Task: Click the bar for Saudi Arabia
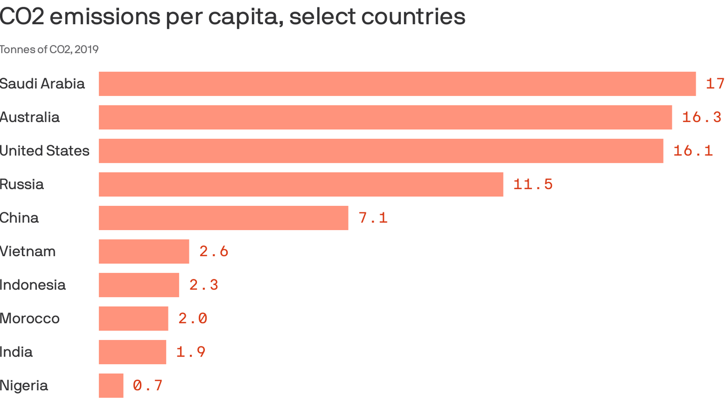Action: [x=397, y=84]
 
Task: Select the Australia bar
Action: [x=385, y=117]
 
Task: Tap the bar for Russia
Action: [x=301, y=184]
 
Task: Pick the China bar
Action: [x=223, y=218]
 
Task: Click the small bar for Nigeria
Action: [x=111, y=386]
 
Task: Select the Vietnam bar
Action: [x=144, y=252]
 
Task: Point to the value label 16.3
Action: [x=701, y=117]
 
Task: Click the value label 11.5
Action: [x=533, y=184]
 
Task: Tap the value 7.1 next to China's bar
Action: [x=373, y=218]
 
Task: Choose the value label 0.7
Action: [x=147, y=386]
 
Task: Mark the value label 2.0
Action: [x=193, y=318]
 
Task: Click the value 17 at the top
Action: [x=715, y=84]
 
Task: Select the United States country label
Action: [x=45, y=151]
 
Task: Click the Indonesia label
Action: [x=33, y=285]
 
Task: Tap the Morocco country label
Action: [x=29, y=318]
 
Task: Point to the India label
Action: [x=16, y=352]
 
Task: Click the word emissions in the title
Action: [x=104, y=17]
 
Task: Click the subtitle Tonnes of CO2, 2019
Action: [x=49, y=49]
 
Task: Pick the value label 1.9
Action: [x=191, y=352]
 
